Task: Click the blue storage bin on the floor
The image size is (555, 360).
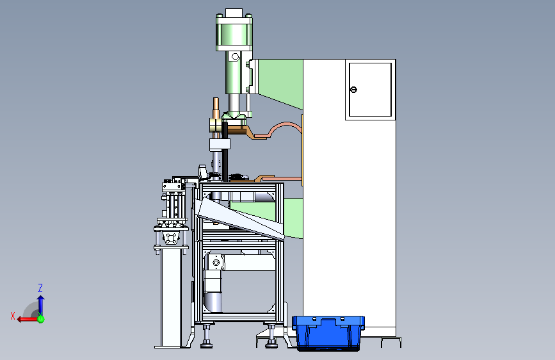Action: [328, 333]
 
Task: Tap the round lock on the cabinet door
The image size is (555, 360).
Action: [353, 90]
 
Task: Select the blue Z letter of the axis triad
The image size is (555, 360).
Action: [40, 288]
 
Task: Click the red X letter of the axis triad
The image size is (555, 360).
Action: [13, 316]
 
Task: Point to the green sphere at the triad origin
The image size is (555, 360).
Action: [41, 319]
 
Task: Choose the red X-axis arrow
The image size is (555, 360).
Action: [28, 320]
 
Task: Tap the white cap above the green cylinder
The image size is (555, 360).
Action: [234, 13]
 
